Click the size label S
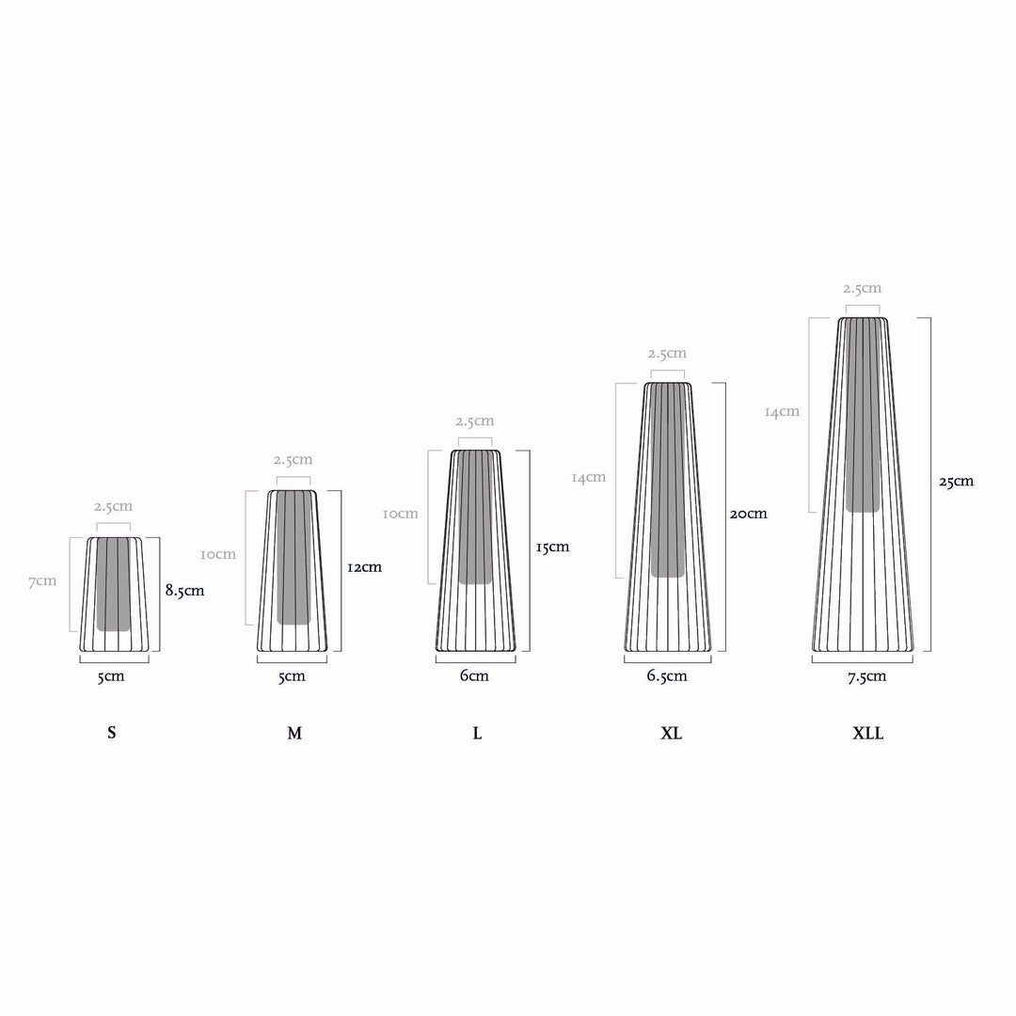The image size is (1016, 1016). (x=111, y=733)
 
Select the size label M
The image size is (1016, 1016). (x=294, y=733)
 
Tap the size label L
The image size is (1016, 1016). (x=478, y=733)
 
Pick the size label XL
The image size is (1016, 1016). (x=672, y=733)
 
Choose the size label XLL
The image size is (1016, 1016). (x=867, y=733)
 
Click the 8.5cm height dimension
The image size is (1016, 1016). (x=184, y=590)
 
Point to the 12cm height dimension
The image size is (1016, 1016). (x=364, y=567)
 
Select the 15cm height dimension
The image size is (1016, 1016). (x=553, y=547)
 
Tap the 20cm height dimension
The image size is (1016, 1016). (x=749, y=514)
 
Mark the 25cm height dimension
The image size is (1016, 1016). (x=957, y=481)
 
